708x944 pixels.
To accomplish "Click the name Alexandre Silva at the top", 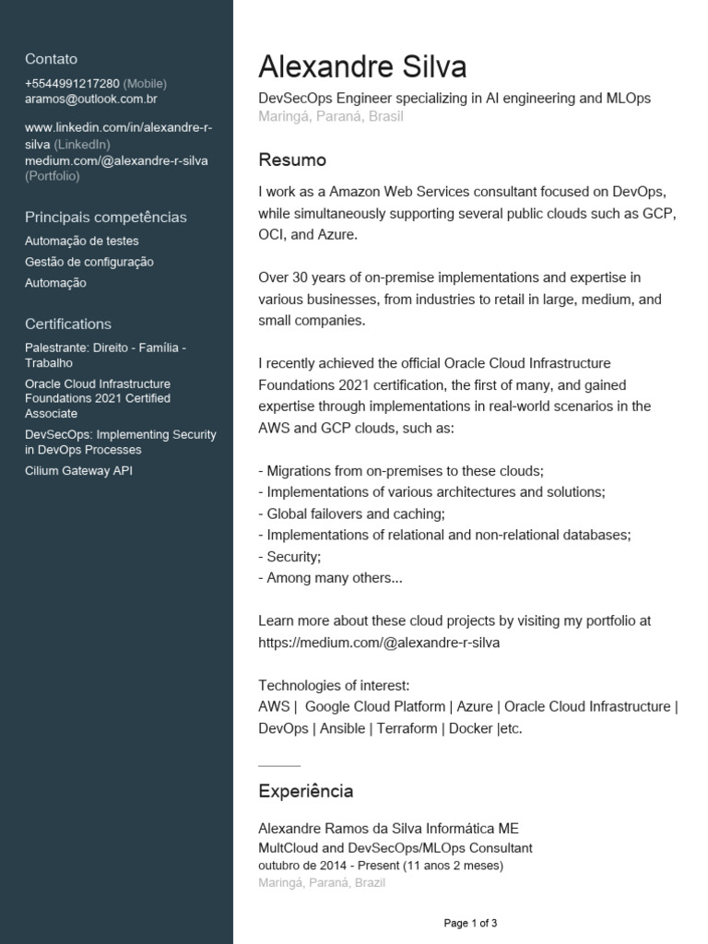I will [x=362, y=66].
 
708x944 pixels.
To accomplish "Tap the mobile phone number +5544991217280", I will [x=72, y=84].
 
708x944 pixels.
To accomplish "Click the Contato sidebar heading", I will [x=52, y=59].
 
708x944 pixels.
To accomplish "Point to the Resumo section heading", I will [x=292, y=160].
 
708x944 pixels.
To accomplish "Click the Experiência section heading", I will [x=305, y=791].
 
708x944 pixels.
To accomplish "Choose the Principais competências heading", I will [x=106, y=218].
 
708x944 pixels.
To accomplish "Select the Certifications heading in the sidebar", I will [x=68, y=324].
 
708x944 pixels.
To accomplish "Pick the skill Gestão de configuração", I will [x=89, y=263].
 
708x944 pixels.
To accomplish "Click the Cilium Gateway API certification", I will [x=79, y=471].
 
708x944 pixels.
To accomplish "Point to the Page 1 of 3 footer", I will [x=470, y=923].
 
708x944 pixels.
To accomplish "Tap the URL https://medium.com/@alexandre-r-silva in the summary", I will [x=379, y=643].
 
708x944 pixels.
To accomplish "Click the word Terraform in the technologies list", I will [x=407, y=728].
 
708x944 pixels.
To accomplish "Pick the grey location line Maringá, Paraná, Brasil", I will [x=331, y=117].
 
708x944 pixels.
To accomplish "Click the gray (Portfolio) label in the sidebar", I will [x=53, y=175].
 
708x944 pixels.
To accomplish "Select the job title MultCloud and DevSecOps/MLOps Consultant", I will [x=395, y=848].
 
